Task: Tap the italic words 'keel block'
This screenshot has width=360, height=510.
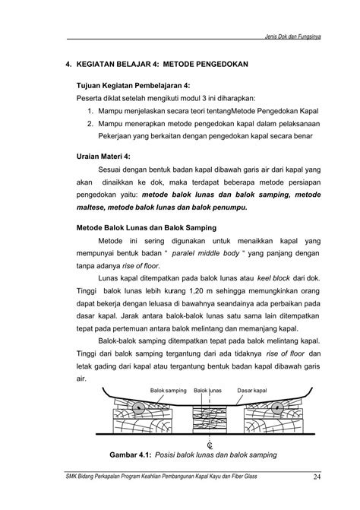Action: [273, 278]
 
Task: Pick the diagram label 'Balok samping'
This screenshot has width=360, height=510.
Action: [167, 389]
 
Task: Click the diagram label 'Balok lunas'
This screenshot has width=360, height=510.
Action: [207, 389]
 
